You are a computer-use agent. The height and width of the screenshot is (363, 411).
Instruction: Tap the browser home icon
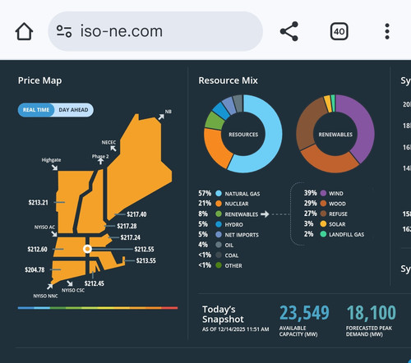click(x=24, y=31)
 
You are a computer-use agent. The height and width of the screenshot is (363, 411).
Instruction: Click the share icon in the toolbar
click(x=289, y=31)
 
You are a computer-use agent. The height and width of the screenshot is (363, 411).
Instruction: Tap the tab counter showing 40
click(x=339, y=31)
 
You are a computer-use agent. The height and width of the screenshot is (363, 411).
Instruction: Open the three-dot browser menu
click(x=387, y=31)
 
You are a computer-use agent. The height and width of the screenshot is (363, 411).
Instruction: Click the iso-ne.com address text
click(x=121, y=31)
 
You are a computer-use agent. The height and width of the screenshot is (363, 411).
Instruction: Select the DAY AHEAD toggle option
click(x=73, y=110)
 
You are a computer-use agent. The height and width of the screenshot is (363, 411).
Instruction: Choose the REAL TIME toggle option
click(x=36, y=110)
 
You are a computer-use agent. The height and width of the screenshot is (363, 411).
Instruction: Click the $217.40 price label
click(x=136, y=214)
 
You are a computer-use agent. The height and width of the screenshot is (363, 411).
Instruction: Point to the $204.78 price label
click(x=35, y=269)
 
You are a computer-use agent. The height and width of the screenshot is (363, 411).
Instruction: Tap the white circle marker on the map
click(x=87, y=249)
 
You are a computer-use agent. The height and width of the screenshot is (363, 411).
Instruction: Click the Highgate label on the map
click(x=51, y=160)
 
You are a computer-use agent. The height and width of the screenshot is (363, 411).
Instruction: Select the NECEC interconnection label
click(x=109, y=142)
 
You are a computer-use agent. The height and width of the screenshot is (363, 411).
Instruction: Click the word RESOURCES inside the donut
click(x=243, y=135)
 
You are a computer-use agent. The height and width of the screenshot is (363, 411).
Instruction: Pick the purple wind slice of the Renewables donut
click(x=361, y=126)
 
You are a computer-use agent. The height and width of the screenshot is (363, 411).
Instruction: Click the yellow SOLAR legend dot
click(x=323, y=224)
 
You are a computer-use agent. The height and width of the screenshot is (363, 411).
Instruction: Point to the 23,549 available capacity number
click(x=304, y=313)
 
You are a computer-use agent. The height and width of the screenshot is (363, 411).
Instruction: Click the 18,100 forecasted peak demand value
click(x=372, y=313)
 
